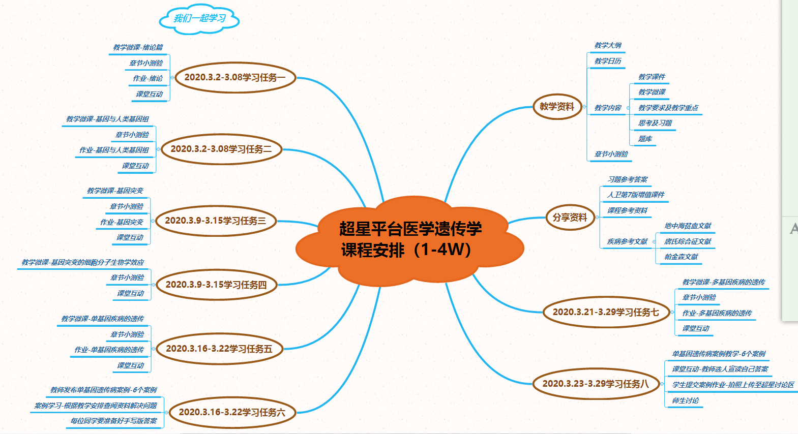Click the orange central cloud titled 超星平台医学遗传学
(x=410, y=239)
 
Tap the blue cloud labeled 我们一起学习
(x=199, y=19)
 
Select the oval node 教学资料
(x=557, y=107)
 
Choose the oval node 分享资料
(x=570, y=218)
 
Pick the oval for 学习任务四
(x=216, y=285)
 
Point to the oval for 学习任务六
(x=232, y=413)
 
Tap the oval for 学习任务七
(x=605, y=313)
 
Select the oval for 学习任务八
(x=595, y=384)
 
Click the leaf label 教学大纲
(x=608, y=46)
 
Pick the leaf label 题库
(x=645, y=139)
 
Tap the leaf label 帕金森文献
(x=681, y=257)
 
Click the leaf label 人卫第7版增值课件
(x=636, y=195)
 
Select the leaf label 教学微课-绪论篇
(x=138, y=48)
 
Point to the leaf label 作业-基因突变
(x=122, y=223)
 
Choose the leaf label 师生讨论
(x=685, y=401)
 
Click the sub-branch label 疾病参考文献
(x=627, y=242)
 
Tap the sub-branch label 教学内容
(x=608, y=108)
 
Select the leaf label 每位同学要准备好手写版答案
(x=114, y=421)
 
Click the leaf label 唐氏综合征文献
(x=688, y=242)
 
